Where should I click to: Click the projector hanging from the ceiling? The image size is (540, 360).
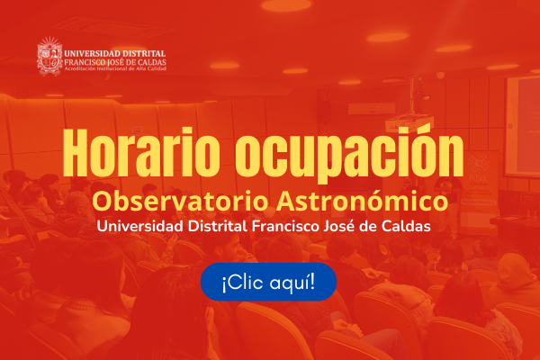(x=409, y=121)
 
